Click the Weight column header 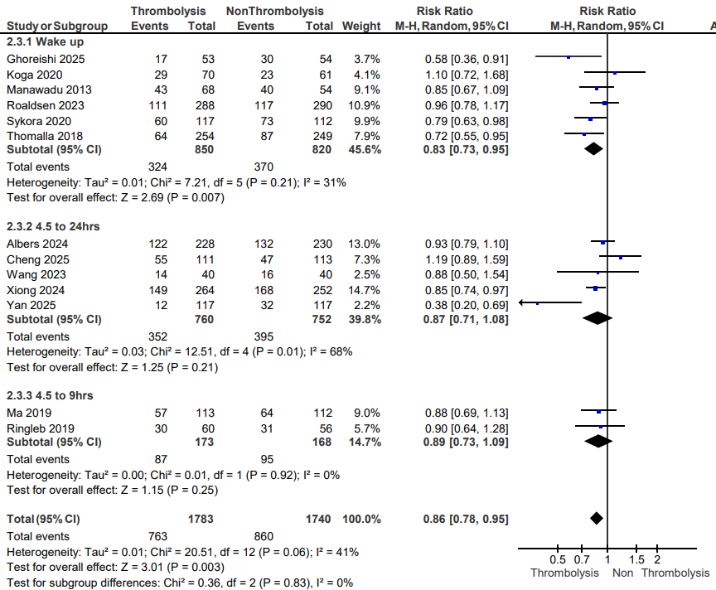tap(361, 26)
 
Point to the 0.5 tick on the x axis tap(559, 559)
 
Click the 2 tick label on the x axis tap(657, 559)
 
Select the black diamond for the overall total tap(595, 519)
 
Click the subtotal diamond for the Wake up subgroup tap(593, 150)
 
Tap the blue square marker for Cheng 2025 tap(621, 258)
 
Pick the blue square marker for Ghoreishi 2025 tap(568, 58)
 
